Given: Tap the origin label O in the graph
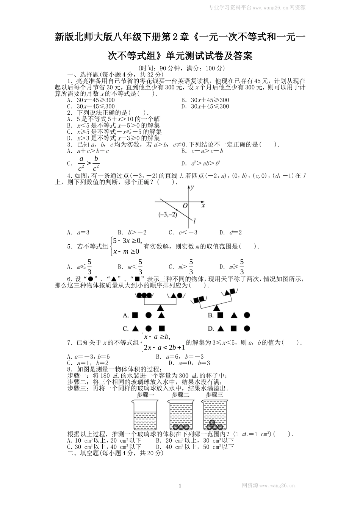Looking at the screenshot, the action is coord(185,206).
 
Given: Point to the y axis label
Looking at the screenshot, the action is coord(193,187).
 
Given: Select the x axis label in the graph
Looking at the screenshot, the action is coord(203,205).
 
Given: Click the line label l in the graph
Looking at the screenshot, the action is coord(194,221).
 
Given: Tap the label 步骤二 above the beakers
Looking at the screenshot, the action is coord(180,395).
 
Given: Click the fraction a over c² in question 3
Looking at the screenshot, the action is coord(81,163).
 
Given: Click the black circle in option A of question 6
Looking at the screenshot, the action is coord(149,315).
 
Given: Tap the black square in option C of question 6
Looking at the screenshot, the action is coord(162,328).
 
